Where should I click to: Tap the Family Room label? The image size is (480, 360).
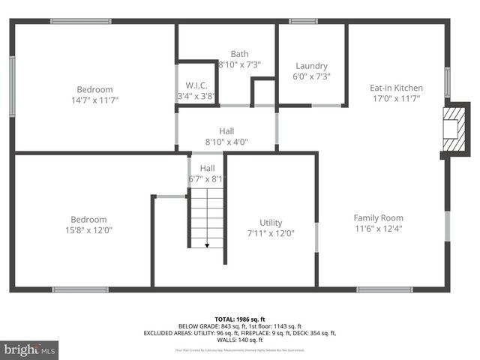378,217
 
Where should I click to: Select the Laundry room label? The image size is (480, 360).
311,65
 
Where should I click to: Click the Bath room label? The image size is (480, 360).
239,54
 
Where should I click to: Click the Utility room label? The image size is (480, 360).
271,222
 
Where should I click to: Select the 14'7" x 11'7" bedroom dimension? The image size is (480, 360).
94,99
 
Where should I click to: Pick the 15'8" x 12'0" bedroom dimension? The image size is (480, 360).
89,230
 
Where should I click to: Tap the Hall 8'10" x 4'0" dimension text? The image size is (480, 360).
226,142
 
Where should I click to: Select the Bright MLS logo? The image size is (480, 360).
30,349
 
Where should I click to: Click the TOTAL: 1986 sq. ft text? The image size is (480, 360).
240,319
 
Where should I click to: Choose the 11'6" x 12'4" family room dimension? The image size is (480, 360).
378,229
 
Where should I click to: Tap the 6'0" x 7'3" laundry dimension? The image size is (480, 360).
311,76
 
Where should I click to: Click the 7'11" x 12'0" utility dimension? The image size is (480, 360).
271,233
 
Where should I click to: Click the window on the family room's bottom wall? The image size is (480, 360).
384,289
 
